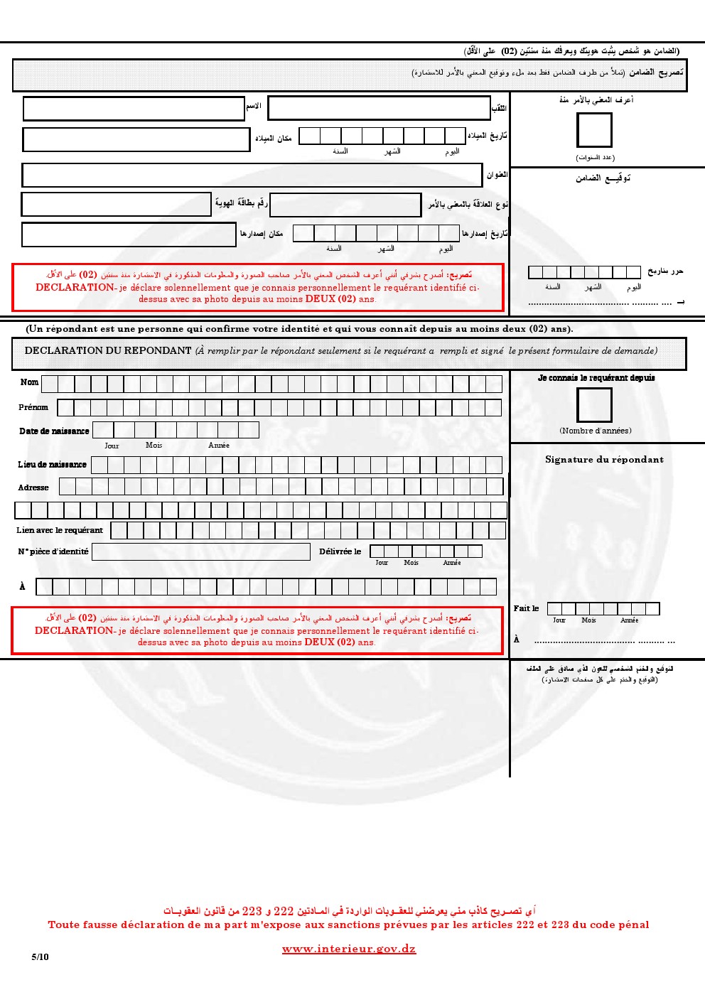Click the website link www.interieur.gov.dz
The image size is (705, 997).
coord(349,949)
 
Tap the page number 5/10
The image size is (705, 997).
coord(41,956)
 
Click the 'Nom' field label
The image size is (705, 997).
coord(29,382)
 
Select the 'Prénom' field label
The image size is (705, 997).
coord(33,407)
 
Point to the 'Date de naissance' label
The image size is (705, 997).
coord(54,431)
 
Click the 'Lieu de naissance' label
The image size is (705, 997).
coord(52,464)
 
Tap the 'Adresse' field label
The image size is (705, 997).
coord(33,487)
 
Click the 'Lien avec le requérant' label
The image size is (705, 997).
coord(60,530)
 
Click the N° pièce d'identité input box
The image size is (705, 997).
coord(201,551)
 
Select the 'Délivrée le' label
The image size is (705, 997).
coord(340,551)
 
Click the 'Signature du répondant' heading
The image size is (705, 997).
coord(604,460)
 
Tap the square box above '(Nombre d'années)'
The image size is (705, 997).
coord(594,405)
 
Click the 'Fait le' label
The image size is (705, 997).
coord(526,608)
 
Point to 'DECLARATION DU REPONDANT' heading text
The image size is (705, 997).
coord(108,350)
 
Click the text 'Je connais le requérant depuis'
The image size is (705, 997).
coord(596,378)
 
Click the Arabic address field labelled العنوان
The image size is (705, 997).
coord(252,175)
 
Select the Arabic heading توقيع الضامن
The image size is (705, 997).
coord(603,178)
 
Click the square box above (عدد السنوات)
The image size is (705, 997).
coord(594,131)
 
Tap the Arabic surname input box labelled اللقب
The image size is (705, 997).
coord(379,108)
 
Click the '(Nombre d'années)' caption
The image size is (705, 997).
coord(595,431)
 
